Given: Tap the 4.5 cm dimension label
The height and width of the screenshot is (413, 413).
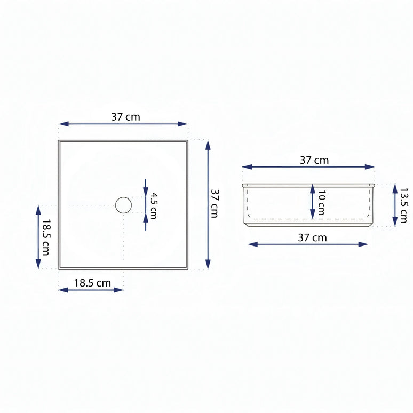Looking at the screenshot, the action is click(154, 206).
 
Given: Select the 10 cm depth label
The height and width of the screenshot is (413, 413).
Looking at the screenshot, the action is click(321, 203).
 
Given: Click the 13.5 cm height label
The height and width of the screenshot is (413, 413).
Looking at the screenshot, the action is click(403, 205).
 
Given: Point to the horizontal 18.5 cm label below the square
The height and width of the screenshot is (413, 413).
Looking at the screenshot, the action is click(92, 283).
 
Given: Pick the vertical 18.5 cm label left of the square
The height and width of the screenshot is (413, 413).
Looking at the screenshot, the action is click(46, 237).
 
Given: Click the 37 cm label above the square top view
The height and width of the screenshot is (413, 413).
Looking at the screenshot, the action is click(125, 117).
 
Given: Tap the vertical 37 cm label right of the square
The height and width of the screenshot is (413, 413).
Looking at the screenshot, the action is click(215, 204).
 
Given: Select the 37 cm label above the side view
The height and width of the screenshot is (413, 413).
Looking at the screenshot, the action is click(314, 160).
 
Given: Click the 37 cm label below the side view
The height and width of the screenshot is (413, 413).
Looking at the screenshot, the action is click(312, 237).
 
